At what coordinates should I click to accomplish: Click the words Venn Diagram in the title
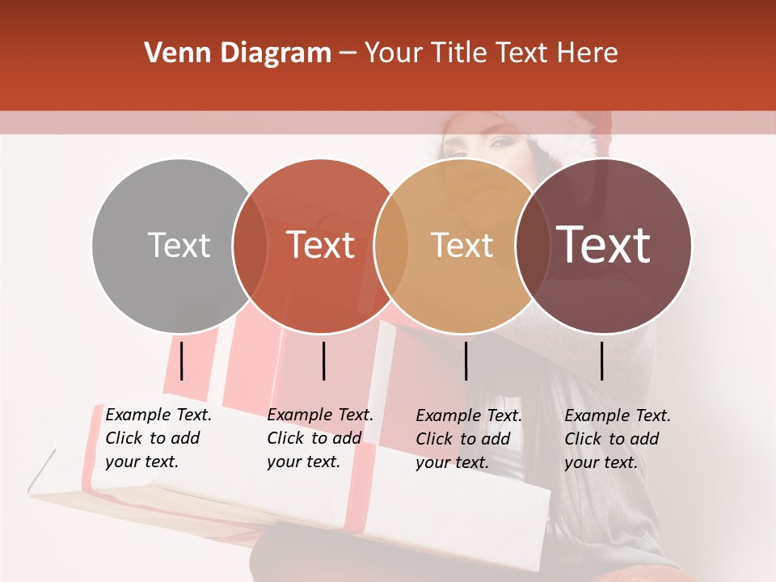[238, 53]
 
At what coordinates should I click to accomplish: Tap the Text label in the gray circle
[179, 245]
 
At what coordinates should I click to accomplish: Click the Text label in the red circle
[321, 245]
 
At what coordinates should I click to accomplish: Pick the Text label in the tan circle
[462, 245]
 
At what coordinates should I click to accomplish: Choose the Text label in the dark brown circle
[604, 245]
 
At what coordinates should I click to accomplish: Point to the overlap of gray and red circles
[250, 246]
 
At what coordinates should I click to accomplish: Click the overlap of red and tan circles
[391, 246]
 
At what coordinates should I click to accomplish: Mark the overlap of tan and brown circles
[532, 246]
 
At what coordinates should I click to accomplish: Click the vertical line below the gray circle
[182, 361]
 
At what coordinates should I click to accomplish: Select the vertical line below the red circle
[323, 361]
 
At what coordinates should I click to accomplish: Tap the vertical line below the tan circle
[466, 361]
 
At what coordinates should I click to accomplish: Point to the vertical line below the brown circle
[601, 361]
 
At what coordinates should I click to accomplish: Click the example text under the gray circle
[158, 438]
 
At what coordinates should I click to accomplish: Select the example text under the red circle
[320, 438]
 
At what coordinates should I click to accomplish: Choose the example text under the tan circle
[469, 439]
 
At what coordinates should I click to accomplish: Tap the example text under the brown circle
[618, 439]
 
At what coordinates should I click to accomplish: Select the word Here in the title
[588, 53]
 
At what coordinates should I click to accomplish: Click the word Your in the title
[394, 53]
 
